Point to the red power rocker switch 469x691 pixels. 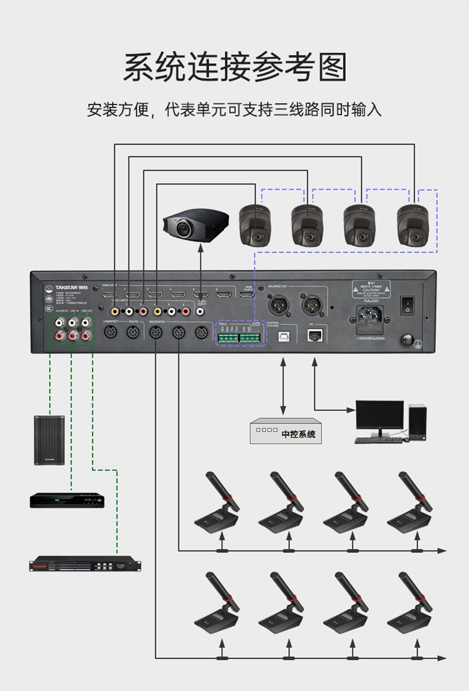point(408,304)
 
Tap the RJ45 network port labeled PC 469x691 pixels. point(315,335)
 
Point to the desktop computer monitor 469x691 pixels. point(379,416)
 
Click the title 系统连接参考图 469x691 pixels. point(234,68)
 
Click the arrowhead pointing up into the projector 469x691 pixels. point(200,248)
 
